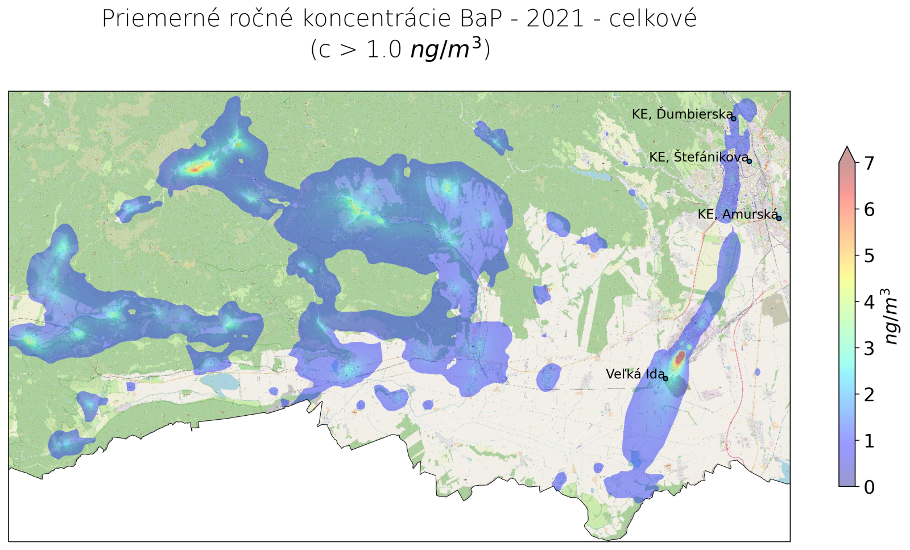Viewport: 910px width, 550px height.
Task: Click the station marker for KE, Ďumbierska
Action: tap(734, 118)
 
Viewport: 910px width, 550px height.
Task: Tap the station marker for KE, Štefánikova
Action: tap(749, 162)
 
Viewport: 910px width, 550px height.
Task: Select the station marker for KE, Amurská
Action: tap(779, 218)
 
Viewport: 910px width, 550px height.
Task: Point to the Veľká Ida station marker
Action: tap(665, 378)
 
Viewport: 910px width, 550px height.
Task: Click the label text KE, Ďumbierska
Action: tap(682, 114)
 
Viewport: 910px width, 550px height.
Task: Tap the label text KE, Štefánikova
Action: tap(698, 157)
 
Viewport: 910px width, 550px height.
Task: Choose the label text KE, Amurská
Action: tap(737, 214)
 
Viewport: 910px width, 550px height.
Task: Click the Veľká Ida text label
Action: tap(635, 374)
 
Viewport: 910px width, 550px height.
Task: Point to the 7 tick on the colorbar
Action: tap(868, 164)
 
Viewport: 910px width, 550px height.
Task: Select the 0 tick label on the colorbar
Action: tap(868, 487)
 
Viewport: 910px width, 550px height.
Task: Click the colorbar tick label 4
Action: tap(868, 302)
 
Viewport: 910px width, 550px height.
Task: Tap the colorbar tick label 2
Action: tap(868, 394)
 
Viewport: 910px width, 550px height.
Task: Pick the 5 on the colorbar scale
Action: tap(868, 256)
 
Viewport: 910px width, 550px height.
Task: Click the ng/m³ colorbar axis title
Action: tap(891, 317)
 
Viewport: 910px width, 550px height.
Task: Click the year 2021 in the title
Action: tap(555, 19)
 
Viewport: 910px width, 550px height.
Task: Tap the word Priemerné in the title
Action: tap(160, 19)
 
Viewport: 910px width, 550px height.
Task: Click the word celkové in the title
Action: tap(653, 19)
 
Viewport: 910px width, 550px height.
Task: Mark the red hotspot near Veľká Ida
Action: tap(680, 358)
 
